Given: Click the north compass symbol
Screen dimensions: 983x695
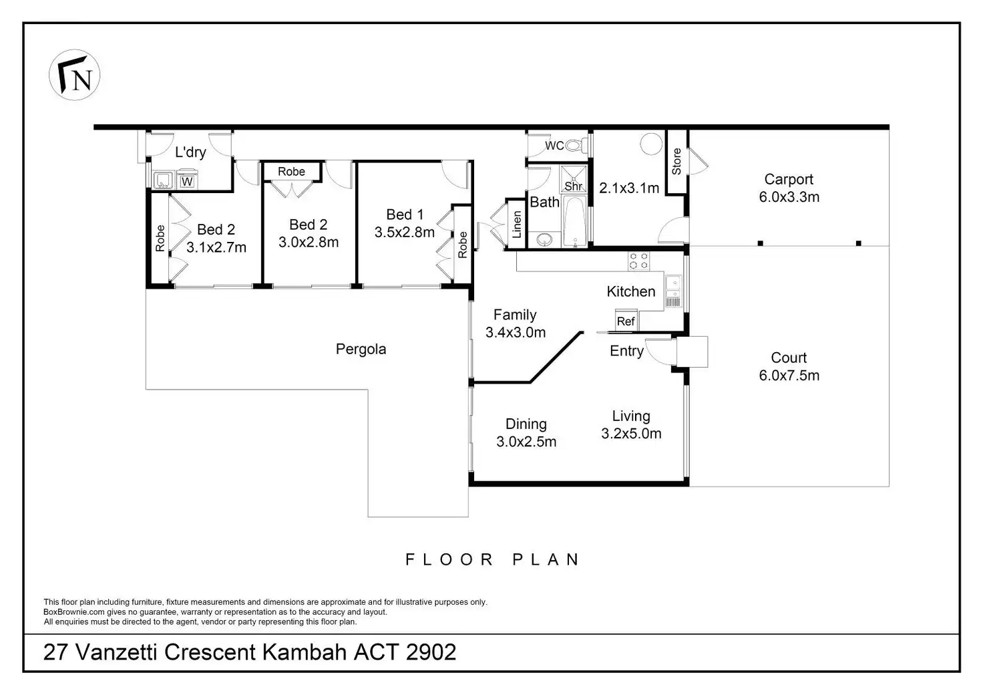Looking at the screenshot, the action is click(74, 75).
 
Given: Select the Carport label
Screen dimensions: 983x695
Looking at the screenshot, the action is click(789, 179).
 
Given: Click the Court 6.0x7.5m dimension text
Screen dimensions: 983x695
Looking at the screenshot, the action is click(789, 376).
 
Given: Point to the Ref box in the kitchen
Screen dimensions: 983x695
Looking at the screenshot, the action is click(626, 321).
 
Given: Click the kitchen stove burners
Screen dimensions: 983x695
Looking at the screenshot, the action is click(638, 261).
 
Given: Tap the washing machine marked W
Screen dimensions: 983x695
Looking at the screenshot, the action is click(187, 181).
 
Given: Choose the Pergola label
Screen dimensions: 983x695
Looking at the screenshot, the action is click(361, 349).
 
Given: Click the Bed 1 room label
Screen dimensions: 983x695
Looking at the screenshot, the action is click(405, 215).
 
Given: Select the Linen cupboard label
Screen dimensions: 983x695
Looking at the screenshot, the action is click(517, 225).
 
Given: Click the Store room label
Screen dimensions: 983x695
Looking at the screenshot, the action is click(676, 161).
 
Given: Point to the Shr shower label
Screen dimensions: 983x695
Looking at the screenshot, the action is click(573, 186).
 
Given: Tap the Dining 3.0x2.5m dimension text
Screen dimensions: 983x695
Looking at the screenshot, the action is click(526, 441).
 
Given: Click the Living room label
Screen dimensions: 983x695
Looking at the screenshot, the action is click(631, 416).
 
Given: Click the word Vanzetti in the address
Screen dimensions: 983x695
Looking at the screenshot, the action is click(116, 652).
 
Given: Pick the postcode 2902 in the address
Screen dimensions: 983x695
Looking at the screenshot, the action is click(431, 652).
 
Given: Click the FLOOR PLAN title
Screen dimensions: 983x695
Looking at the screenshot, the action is click(491, 559).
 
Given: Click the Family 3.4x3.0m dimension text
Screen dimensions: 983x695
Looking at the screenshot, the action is click(516, 332).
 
